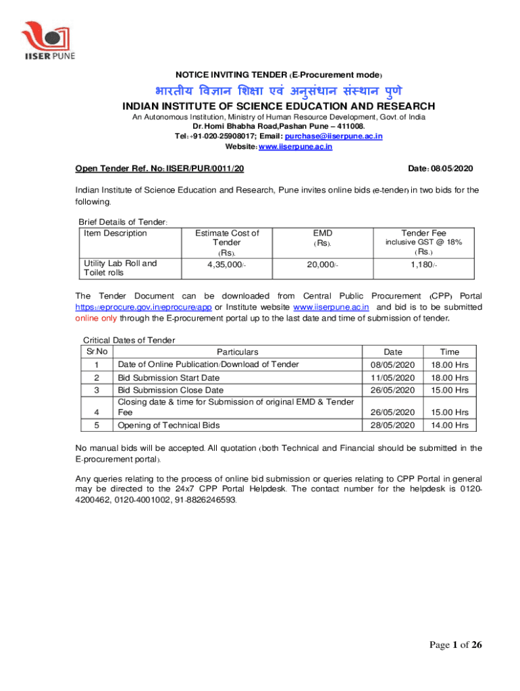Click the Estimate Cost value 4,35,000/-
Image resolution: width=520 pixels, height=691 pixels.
point(226,264)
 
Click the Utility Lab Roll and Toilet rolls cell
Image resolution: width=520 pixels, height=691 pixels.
point(120,268)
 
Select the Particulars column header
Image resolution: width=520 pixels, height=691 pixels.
point(237,352)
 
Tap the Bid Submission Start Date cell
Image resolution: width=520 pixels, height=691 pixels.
point(168,378)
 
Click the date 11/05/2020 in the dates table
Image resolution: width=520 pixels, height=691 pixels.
point(392,378)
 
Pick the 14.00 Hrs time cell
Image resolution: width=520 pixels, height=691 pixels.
point(449,425)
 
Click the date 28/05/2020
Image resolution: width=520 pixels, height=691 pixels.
point(392,425)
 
